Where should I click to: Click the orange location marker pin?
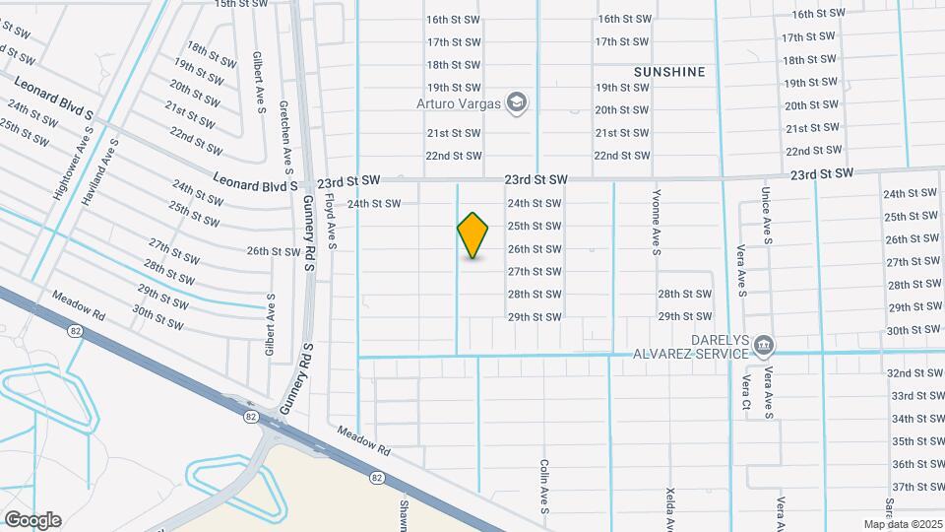(x=473, y=234)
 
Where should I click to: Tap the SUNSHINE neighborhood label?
(x=670, y=72)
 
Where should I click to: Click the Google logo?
(x=32, y=520)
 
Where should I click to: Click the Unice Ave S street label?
(x=766, y=218)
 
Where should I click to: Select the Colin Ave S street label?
(x=543, y=487)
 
